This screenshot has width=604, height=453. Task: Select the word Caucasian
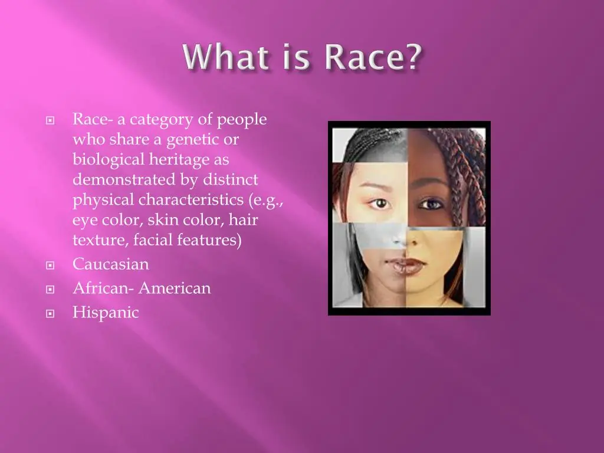click(111, 264)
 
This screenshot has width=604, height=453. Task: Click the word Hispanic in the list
click(106, 312)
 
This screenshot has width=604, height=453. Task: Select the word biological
click(108, 160)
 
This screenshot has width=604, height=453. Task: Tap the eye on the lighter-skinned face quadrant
click(379, 203)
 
